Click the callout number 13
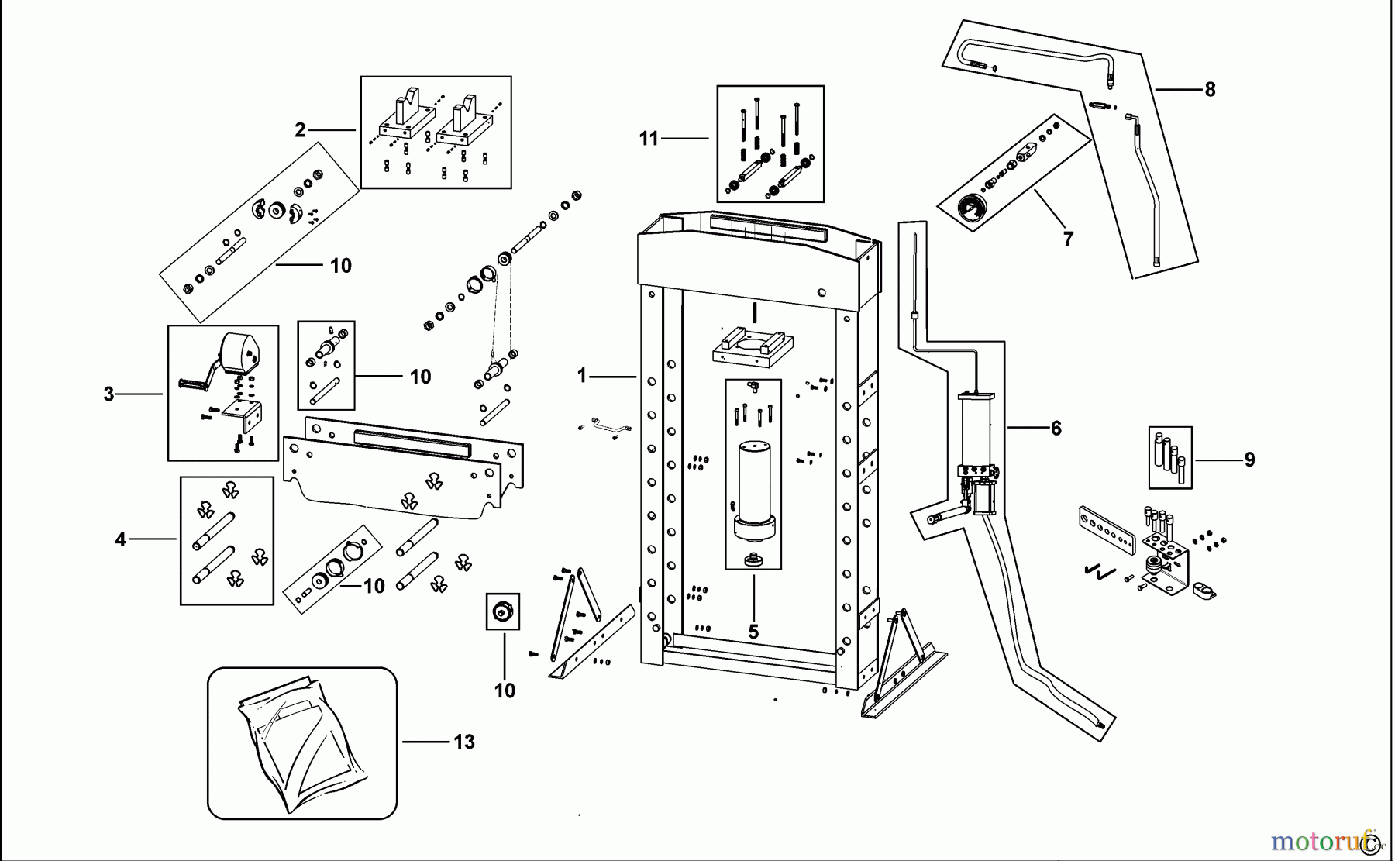(463, 742)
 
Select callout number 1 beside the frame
(582, 376)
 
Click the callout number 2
(300, 129)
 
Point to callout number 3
(109, 394)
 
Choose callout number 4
(120, 539)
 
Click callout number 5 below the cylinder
(753, 632)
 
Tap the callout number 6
(1056, 428)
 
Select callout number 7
(1068, 239)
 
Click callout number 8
(1210, 89)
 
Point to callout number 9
(1249, 460)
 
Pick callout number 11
(648, 139)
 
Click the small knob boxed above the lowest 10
(502, 611)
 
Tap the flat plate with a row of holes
(1105, 527)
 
